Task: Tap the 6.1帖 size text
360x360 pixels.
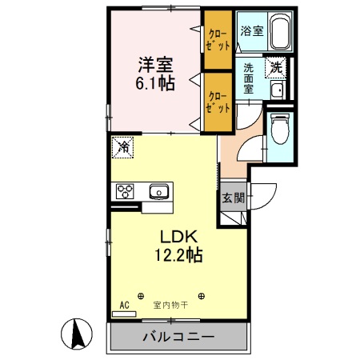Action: (155, 83)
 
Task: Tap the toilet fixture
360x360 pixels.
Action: (279, 128)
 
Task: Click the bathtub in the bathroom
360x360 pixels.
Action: (279, 32)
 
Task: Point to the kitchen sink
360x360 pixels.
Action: (159, 191)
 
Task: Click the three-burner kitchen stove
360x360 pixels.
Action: (126, 191)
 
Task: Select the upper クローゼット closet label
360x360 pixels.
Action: (217, 40)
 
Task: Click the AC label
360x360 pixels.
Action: (124, 305)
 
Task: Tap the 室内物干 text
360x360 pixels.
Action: (170, 305)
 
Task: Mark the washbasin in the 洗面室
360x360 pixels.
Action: (276, 90)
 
